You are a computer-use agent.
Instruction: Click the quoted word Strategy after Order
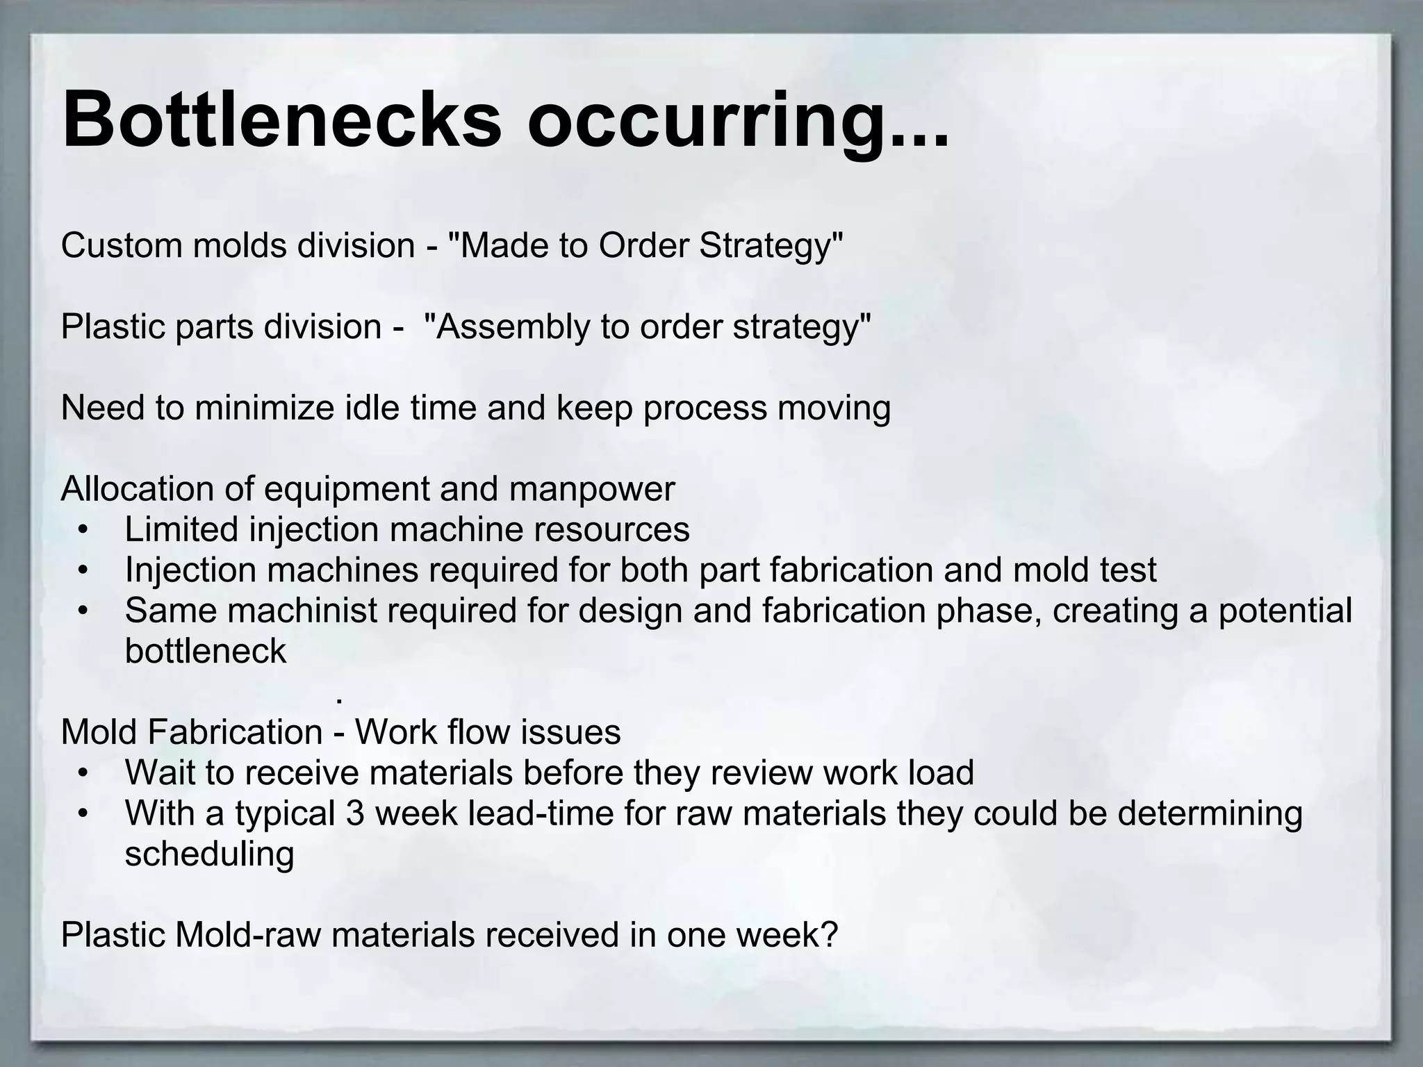click(x=771, y=247)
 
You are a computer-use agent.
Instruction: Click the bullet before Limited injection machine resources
click(x=83, y=531)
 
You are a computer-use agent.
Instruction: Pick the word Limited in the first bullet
click(x=181, y=529)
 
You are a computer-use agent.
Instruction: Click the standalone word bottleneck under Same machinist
click(x=206, y=652)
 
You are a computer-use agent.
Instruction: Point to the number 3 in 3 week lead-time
click(x=355, y=813)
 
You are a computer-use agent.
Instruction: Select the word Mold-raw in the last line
click(x=248, y=935)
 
